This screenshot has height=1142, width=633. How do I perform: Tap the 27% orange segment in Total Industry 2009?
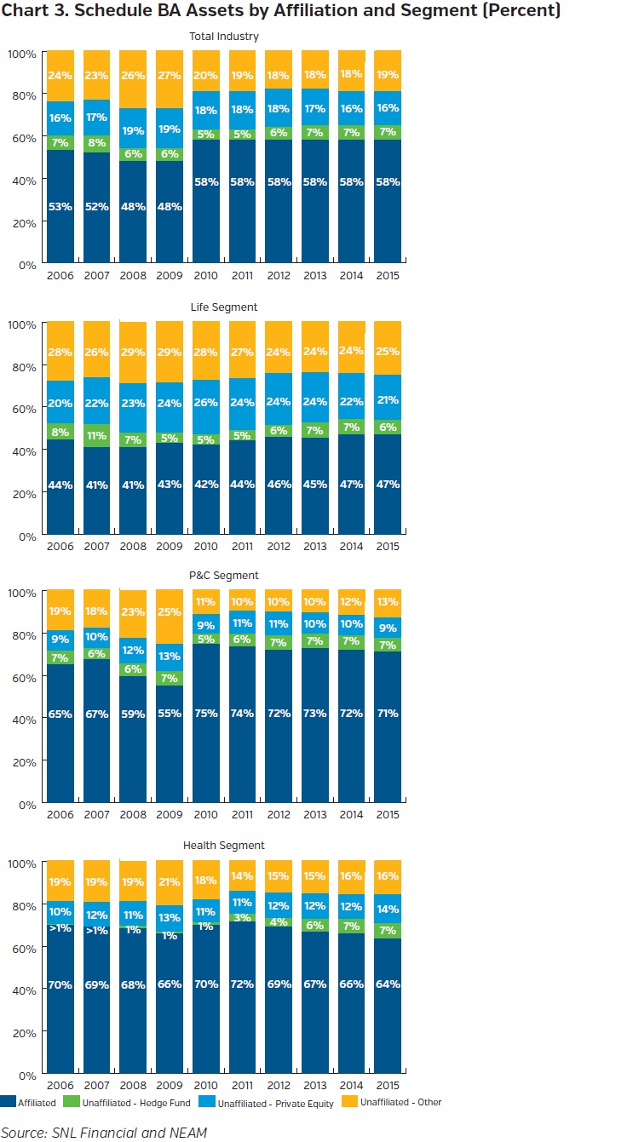[x=169, y=76]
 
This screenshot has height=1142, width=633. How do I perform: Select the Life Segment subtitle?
[x=224, y=307]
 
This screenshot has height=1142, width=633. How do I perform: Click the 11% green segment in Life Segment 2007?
[x=96, y=435]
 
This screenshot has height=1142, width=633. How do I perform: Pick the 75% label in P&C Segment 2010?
[x=205, y=714]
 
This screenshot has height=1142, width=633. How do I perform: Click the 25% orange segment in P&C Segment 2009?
[x=169, y=611]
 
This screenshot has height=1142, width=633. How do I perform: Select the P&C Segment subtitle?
[x=224, y=576]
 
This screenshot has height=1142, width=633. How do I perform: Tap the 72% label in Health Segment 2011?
[x=242, y=984]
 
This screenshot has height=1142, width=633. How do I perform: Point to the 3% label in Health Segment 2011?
[x=242, y=918]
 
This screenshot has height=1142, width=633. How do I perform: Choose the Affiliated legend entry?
[x=30, y=1103]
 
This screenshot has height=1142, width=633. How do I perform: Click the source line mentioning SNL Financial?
[x=104, y=1131]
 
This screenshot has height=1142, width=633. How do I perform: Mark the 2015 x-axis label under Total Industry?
[x=388, y=276]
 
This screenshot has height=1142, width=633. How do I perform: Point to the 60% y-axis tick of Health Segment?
[x=21, y=947]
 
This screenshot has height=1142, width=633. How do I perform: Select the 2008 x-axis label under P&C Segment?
[x=133, y=815]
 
